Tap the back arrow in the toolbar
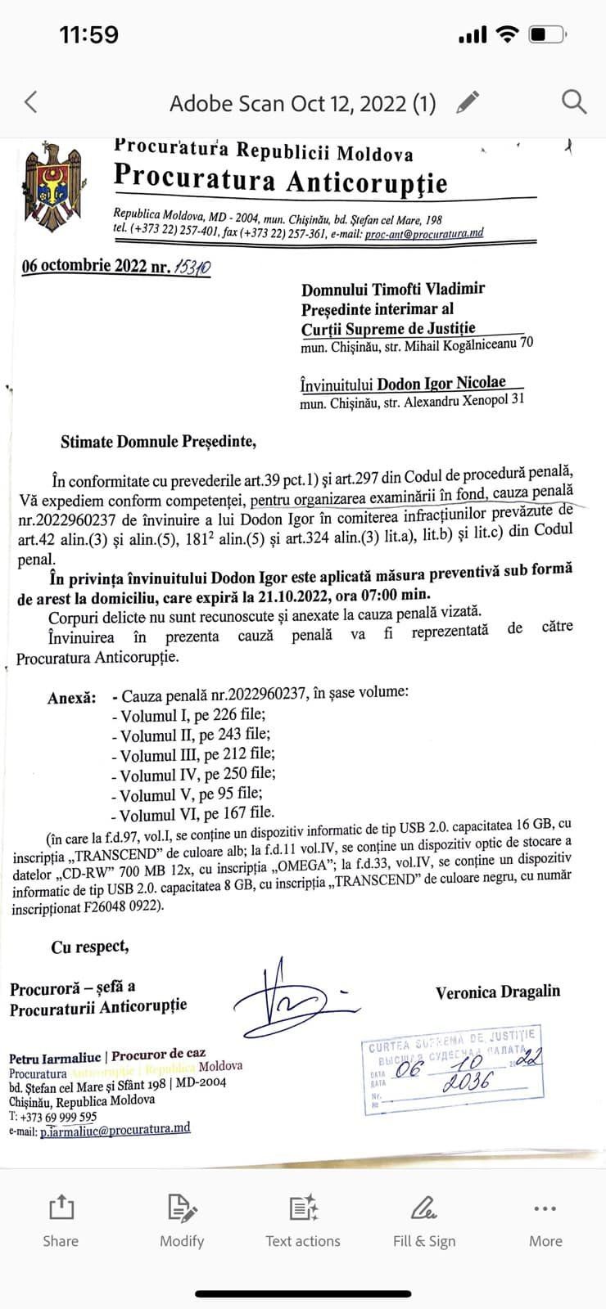click(31, 102)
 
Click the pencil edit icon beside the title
click(468, 102)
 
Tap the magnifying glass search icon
click(573, 102)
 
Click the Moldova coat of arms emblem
click(52, 186)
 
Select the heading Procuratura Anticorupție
click(280, 178)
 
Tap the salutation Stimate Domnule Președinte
click(158, 442)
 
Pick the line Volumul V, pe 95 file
click(191, 794)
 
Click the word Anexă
click(71, 698)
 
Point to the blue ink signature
click(283, 1000)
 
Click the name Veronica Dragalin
click(498, 992)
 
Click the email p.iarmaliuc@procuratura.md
click(115, 1129)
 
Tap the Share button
click(61, 1221)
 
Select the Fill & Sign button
click(423, 1221)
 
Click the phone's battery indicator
click(547, 34)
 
